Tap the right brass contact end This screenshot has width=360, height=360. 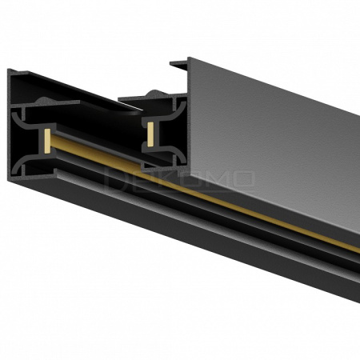149,134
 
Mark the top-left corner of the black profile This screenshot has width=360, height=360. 10,70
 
